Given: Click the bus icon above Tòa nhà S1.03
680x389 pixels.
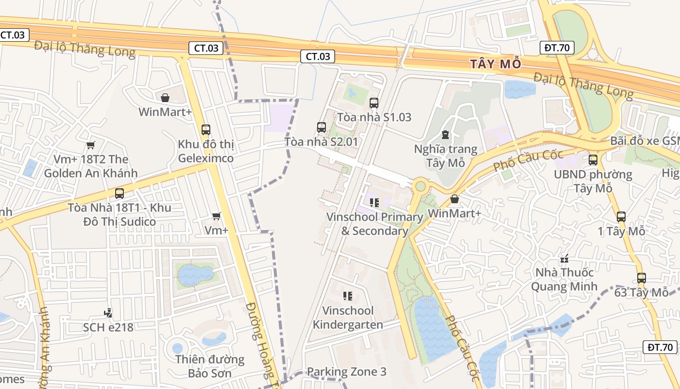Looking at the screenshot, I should click(x=374, y=103).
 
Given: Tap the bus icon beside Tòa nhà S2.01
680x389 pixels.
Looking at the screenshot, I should click(x=321, y=127).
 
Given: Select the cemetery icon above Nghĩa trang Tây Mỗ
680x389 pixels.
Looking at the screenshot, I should click(x=445, y=135).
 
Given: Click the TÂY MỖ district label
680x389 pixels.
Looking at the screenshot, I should click(x=495, y=64).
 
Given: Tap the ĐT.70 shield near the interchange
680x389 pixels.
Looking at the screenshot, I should click(x=557, y=48).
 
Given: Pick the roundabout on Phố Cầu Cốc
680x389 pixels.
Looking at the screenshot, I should click(x=420, y=186).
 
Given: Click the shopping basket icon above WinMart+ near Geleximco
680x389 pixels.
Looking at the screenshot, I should click(x=165, y=98).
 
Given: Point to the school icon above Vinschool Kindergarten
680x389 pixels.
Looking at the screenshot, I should click(x=347, y=296).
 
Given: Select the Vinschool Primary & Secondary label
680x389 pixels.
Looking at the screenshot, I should click(x=374, y=224).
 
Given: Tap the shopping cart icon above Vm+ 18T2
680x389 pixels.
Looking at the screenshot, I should click(x=90, y=145).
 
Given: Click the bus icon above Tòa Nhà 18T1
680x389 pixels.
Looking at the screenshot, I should click(x=119, y=194).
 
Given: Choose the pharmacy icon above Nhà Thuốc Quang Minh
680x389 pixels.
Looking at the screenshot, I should click(x=564, y=259).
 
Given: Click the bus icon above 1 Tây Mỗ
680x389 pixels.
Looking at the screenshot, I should click(x=621, y=217).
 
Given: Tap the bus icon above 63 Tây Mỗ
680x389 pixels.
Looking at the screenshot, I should click(x=641, y=278).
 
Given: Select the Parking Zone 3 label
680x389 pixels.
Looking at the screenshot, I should click(x=346, y=372).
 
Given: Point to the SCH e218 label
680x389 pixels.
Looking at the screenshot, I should click(x=108, y=327).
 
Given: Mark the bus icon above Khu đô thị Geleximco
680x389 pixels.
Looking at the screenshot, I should click(x=205, y=130).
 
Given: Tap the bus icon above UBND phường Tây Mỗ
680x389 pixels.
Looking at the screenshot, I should click(x=593, y=160).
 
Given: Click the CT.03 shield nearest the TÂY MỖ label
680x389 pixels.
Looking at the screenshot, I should click(x=318, y=56).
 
